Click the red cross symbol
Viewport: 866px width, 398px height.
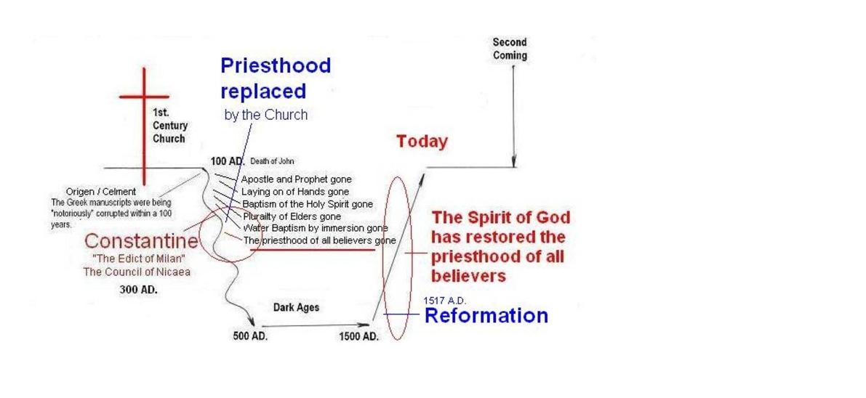[x=144, y=126]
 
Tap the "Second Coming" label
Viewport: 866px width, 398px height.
[x=510, y=49]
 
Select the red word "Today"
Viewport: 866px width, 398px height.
[x=422, y=142]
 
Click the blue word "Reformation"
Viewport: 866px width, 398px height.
[x=486, y=316]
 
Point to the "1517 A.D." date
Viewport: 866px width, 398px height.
[x=444, y=301]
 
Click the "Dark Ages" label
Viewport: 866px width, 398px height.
[x=296, y=307]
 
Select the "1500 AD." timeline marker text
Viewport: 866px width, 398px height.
[x=359, y=336]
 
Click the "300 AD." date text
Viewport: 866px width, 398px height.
[x=139, y=289]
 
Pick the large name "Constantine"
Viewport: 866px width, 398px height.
[x=141, y=241]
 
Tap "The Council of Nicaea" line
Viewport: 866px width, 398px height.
[x=137, y=272]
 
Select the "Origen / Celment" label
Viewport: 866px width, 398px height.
[x=100, y=192]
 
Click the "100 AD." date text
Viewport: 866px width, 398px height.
[x=227, y=161]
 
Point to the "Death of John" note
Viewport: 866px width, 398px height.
[x=272, y=161]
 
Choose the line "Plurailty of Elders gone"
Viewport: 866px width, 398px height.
[x=292, y=216]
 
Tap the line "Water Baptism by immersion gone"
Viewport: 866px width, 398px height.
[x=316, y=228]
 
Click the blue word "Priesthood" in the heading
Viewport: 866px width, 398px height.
[x=276, y=65]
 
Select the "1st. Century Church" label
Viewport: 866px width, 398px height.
[x=169, y=126]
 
